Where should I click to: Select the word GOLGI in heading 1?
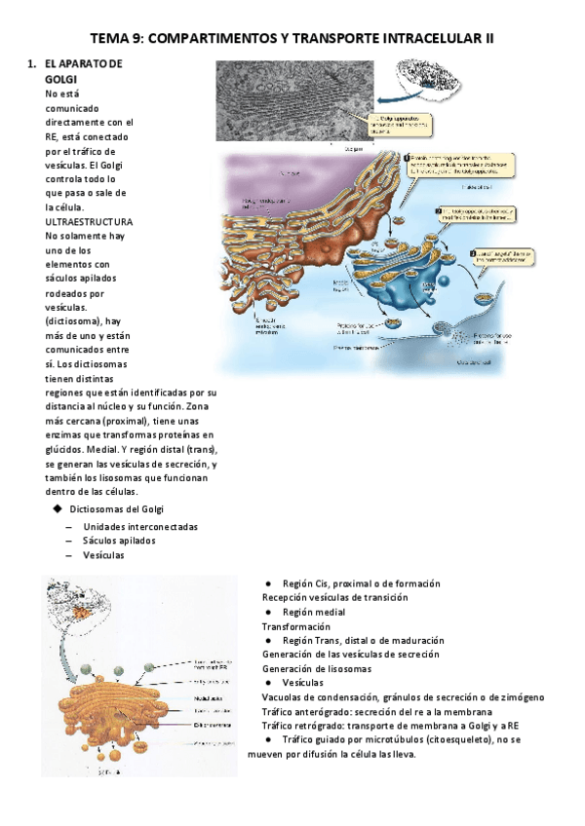click(x=62, y=79)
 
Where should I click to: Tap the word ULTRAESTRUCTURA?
click(x=89, y=222)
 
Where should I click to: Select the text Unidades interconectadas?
click(x=140, y=526)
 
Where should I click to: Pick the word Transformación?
click(x=299, y=626)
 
